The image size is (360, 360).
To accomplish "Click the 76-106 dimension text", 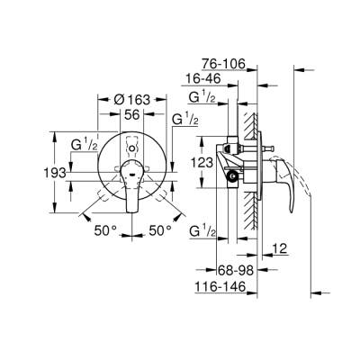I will [220, 63].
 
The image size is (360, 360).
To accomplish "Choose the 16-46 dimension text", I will [205, 79].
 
